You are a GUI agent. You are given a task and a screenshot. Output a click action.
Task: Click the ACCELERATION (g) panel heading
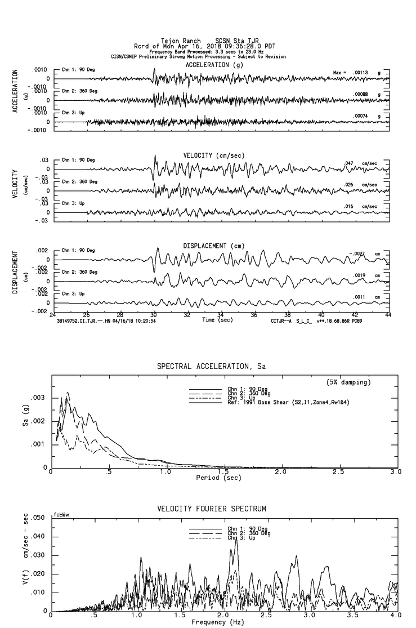pos(216,65)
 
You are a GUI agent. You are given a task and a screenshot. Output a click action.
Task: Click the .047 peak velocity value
pos(349,163)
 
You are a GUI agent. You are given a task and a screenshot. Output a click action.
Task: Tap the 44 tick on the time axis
pos(388,315)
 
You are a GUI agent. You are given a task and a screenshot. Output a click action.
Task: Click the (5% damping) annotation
pos(348,382)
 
